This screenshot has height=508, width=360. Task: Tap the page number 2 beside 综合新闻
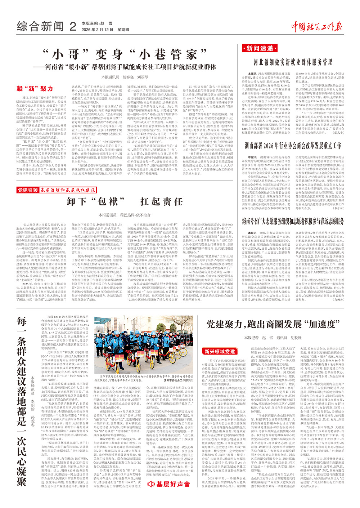73,26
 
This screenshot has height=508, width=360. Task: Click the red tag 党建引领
28,190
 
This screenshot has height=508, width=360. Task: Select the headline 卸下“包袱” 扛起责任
125,201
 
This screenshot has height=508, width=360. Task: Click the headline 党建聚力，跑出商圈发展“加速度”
273,324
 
